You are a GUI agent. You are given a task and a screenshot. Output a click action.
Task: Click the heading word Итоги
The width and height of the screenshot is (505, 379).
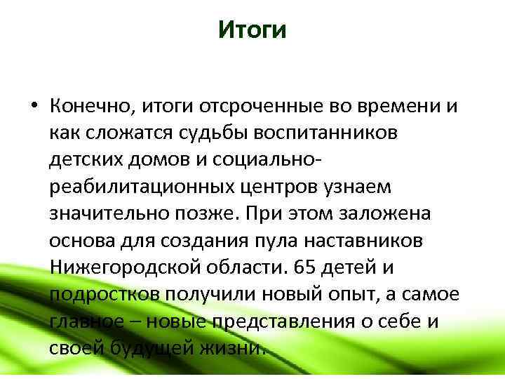[x=252, y=30]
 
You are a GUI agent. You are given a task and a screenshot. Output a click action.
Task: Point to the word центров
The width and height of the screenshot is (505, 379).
[x=284, y=187]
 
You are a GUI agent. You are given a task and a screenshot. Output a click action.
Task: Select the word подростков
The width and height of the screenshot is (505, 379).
[x=105, y=294]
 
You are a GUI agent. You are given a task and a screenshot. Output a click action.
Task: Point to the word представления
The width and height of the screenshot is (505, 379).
[x=276, y=321]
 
